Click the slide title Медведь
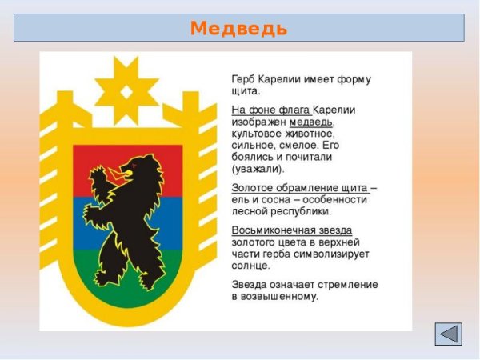click(x=239, y=28)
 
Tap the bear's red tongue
click(x=126, y=168)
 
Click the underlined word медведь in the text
click(x=311, y=122)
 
